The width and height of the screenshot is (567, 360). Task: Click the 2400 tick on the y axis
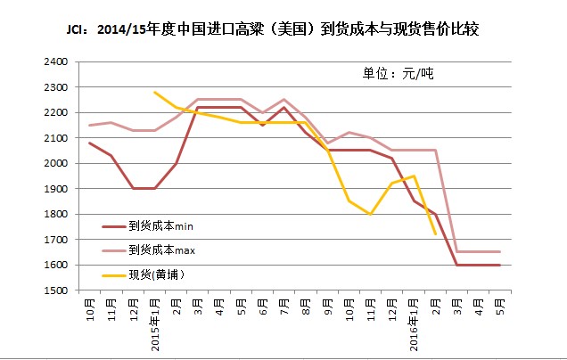click(x=58, y=62)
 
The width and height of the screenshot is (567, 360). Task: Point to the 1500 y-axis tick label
click(x=58, y=290)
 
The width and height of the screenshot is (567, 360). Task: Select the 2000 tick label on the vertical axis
click(x=58, y=164)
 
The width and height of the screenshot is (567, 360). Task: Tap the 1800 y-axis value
click(x=58, y=215)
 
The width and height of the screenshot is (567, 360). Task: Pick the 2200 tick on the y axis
click(x=58, y=113)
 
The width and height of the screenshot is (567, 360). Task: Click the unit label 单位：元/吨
click(x=398, y=72)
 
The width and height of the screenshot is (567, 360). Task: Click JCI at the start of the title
click(x=78, y=30)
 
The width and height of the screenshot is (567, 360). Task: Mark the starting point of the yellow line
click(x=155, y=92)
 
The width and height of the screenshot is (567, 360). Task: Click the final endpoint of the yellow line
click(x=435, y=234)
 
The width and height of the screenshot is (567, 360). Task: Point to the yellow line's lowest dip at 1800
click(x=371, y=214)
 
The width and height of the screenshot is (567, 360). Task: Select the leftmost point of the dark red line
click(x=90, y=143)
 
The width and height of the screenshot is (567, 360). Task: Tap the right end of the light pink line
click(x=500, y=252)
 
